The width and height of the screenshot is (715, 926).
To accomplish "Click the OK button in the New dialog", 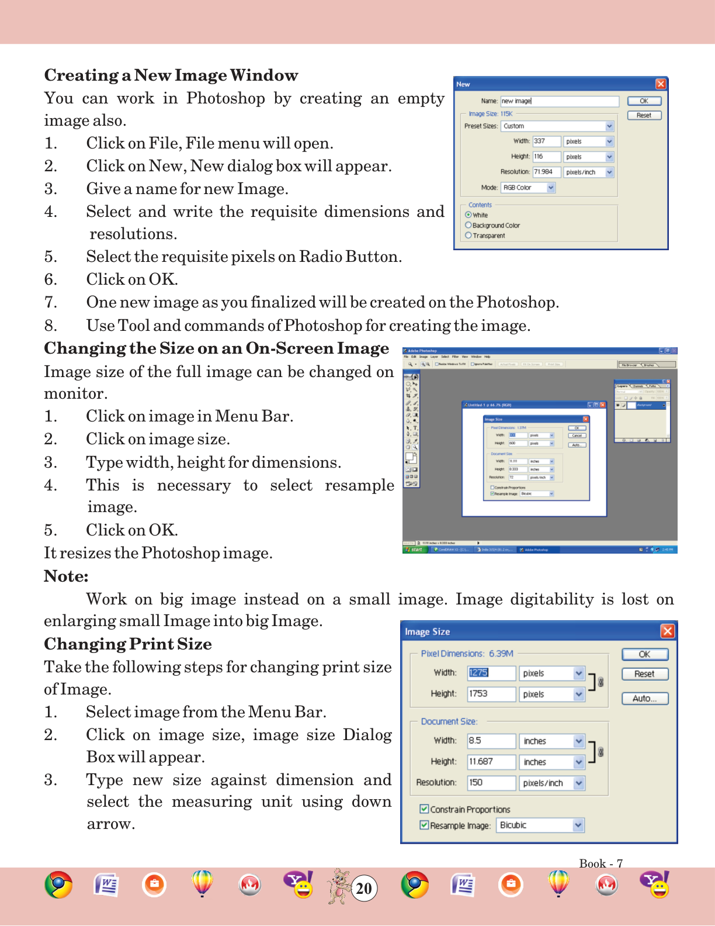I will [644, 101].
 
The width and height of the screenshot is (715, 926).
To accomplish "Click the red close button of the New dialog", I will [661, 84].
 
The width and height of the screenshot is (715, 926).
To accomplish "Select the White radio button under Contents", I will [468, 215].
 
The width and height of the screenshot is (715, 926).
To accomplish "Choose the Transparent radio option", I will [468, 236].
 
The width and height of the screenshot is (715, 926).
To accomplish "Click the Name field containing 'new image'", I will [559, 101].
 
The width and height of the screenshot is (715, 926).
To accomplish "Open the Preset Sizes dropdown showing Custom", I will [609, 126].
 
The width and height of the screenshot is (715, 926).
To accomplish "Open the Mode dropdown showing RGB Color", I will [551, 188].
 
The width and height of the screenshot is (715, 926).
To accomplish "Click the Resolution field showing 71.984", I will [546, 172].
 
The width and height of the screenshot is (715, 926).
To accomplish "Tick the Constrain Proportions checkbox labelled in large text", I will [424, 809].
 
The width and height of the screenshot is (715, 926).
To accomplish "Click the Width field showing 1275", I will [491, 673].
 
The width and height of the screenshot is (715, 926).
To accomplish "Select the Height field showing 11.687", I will [491, 762].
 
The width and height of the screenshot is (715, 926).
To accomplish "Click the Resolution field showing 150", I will [491, 782].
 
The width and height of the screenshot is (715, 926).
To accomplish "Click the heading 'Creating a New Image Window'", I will [171, 75].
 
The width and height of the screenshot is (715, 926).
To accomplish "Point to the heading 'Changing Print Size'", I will [128, 644].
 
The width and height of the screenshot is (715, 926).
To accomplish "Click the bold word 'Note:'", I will [66, 576].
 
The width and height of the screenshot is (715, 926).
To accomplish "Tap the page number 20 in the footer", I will [364, 889].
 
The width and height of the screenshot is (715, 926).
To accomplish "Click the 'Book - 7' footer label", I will [601, 863].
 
